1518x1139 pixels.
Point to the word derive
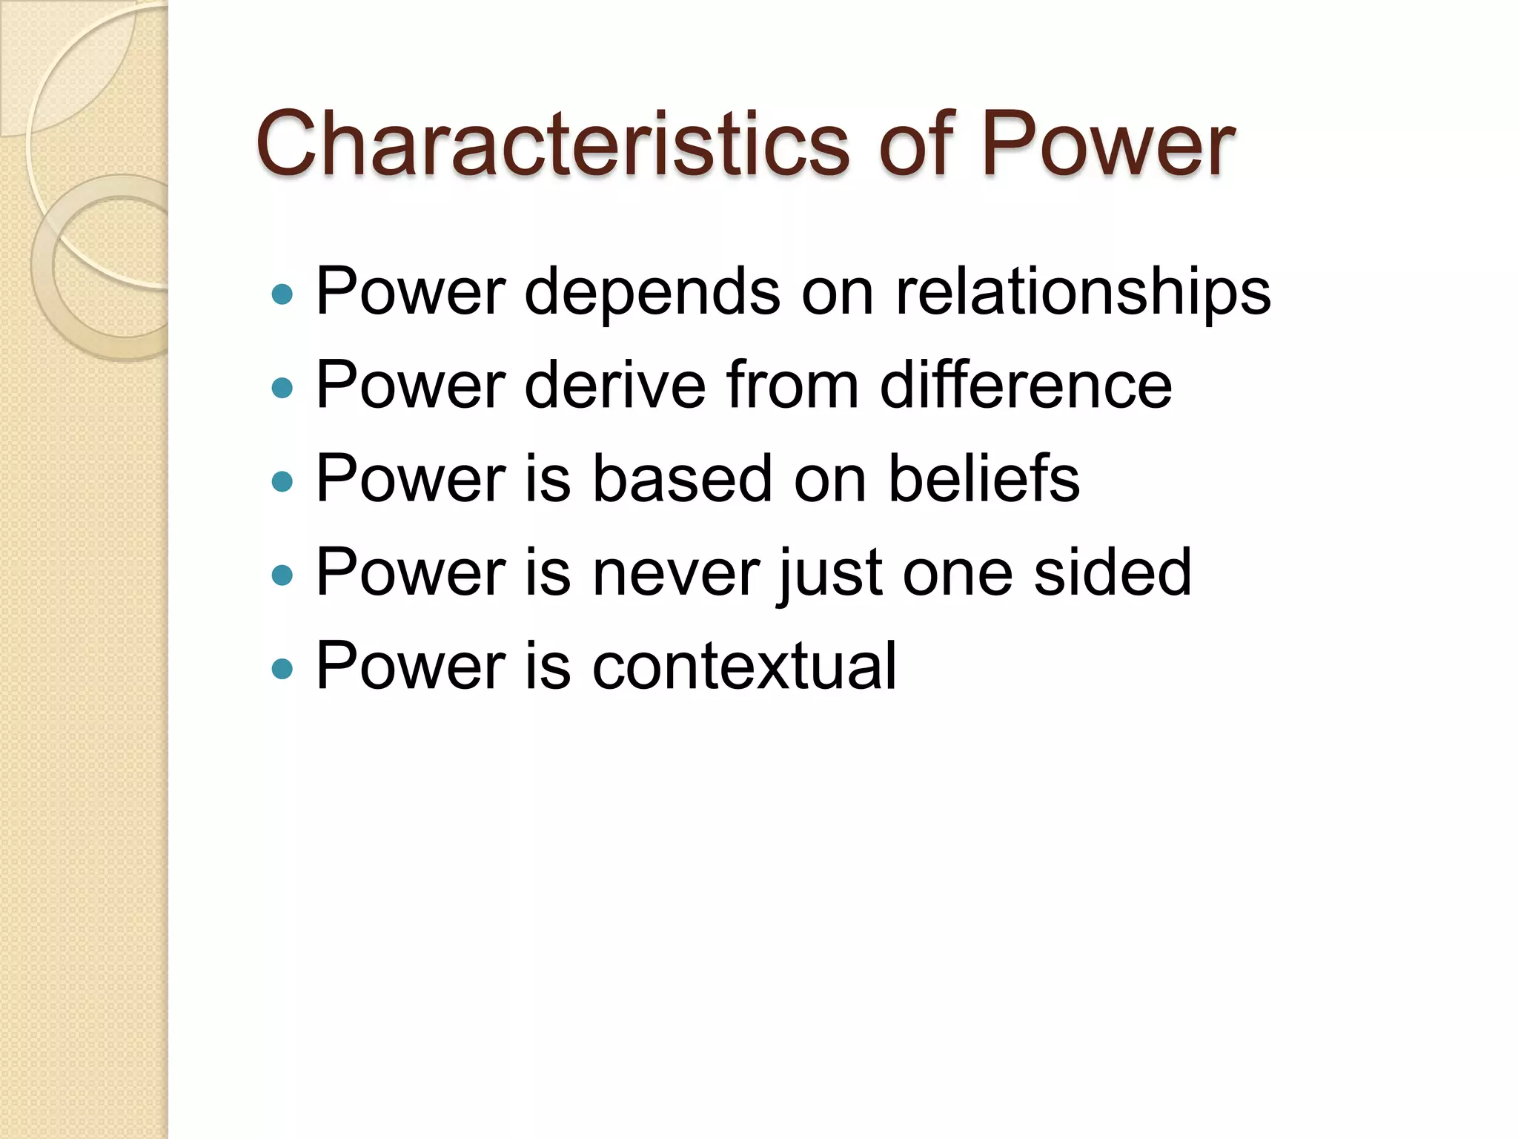click(615, 386)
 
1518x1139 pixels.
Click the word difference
click(1026, 386)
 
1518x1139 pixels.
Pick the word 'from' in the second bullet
click(792, 386)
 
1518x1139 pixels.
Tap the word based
click(682, 479)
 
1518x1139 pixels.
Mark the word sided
click(1112, 572)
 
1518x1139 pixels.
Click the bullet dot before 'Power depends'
click(282, 295)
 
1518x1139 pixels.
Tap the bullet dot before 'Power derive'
click(282, 388)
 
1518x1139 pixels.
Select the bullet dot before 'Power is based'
click(282, 482)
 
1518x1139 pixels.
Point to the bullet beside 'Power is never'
click(282, 575)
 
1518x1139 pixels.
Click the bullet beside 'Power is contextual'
click(282, 669)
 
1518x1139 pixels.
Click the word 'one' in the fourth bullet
click(957, 572)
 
